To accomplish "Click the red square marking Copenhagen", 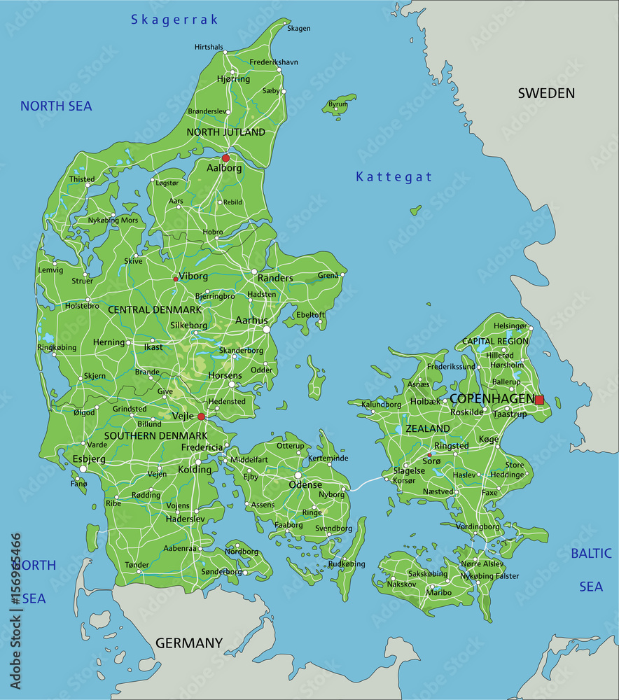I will (539, 400).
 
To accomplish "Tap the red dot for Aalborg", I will (225, 158).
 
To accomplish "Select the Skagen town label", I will (298, 29).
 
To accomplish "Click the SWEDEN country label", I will (546, 93).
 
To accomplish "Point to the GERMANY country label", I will (188, 643).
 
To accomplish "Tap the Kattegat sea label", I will (394, 177).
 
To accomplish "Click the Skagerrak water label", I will (174, 20).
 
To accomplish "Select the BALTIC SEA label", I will (591, 569).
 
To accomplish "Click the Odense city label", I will (306, 484).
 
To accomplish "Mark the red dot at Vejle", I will (201, 416).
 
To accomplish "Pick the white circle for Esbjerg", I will (83, 469).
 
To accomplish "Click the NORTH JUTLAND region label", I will (225, 132).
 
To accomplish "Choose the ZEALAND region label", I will (427, 428).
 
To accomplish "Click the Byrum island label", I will (338, 104).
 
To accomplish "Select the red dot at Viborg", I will (175, 279).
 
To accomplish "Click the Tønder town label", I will (137, 564).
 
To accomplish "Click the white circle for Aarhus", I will (266, 329).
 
